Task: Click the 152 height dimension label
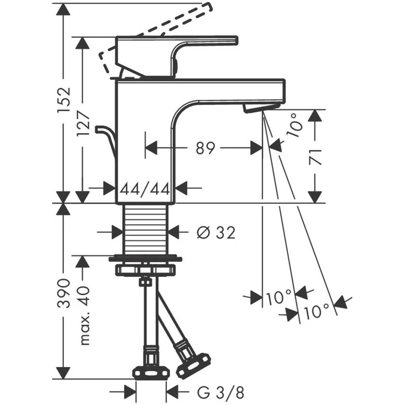coord(64,100)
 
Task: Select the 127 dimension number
coord(83,123)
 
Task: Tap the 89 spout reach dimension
coord(206,148)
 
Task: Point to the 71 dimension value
coord(315,157)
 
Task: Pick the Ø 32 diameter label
coord(216,232)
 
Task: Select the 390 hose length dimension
coord(64,293)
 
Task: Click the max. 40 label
coord(84,315)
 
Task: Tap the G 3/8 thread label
coord(221,393)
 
